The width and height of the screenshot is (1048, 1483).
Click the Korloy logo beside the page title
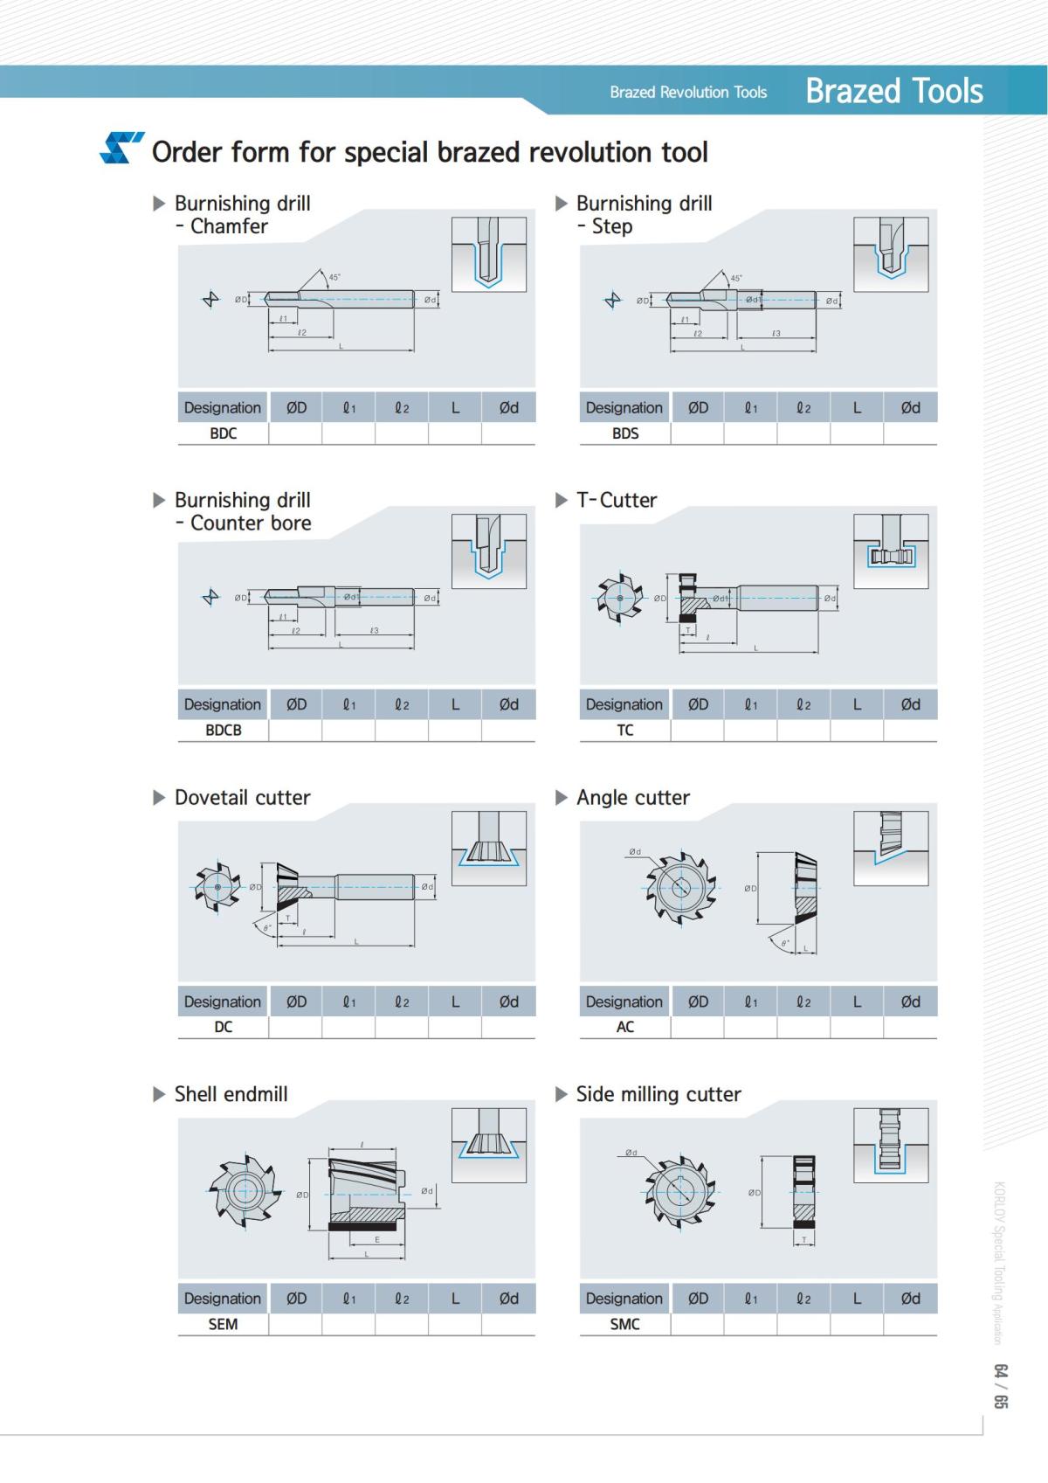coord(121,149)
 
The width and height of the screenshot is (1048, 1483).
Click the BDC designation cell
coord(223,433)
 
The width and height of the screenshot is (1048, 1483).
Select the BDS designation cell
coord(624,433)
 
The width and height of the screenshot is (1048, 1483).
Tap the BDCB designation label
coord(223,731)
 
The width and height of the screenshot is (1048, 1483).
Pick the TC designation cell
coord(624,731)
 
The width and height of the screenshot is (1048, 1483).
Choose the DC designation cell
coord(223,1028)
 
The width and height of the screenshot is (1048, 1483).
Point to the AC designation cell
coord(624,1028)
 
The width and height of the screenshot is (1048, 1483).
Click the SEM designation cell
coord(223,1325)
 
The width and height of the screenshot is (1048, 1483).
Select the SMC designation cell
coord(624,1325)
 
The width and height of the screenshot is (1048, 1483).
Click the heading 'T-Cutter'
coord(617,501)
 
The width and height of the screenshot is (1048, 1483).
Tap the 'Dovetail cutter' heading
coord(242,798)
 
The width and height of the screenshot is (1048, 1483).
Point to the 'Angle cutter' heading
coord(633,798)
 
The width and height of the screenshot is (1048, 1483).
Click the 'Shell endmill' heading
coord(231,1095)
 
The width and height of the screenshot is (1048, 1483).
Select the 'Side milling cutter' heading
coord(658,1095)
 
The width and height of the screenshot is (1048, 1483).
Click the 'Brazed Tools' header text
coord(893,91)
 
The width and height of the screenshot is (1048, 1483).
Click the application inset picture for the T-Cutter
coord(890,551)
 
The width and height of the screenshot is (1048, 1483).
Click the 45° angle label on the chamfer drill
coord(334,277)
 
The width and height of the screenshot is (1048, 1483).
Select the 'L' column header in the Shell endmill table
coord(455,1299)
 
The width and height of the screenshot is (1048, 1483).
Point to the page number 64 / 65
coord(1001,1385)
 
